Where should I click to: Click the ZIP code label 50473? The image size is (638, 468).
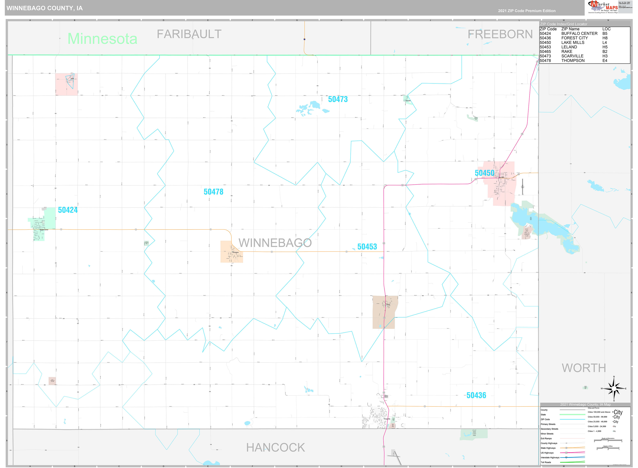click(x=338, y=99)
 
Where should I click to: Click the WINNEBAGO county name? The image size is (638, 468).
click(x=275, y=243)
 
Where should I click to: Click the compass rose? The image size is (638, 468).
click(x=614, y=389)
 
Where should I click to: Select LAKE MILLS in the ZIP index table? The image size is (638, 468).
click(x=573, y=42)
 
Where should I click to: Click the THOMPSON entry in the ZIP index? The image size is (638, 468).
click(x=573, y=61)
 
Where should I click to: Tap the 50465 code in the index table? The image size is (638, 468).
click(x=545, y=51)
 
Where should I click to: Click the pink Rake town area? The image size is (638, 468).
click(x=66, y=84)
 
